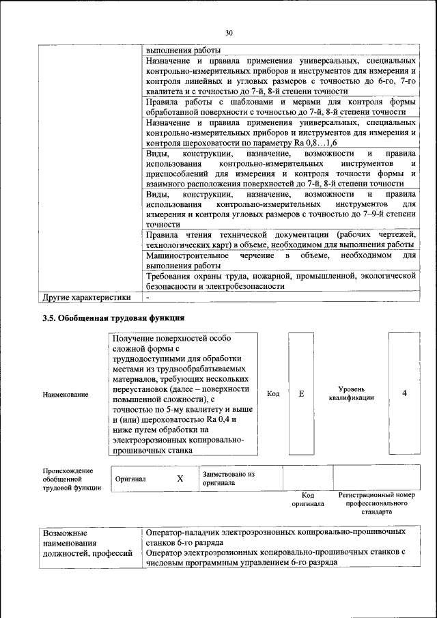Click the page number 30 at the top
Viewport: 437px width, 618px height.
(x=229, y=32)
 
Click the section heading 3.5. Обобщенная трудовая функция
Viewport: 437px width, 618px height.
(x=113, y=318)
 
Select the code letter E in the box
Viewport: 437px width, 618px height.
(x=301, y=394)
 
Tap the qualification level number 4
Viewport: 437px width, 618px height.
(x=404, y=394)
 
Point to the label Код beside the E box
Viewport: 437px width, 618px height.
(x=273, y=394)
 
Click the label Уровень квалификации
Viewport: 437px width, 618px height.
(x=351, y=394)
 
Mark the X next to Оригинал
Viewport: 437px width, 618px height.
(x=180, y=479)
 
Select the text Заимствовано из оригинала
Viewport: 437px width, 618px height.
(x=228, y=478)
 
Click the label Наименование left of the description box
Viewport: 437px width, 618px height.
(x=66, y=395)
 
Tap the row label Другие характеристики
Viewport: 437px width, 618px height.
(x=86, y=297)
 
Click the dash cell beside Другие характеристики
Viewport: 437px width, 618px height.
(x=147, y=297)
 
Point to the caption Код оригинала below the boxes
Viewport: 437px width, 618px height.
(x=307, y=498)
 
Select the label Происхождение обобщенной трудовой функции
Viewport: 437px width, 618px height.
(x=68, y=479)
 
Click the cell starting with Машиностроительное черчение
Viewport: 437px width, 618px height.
(x=281, y=260)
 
